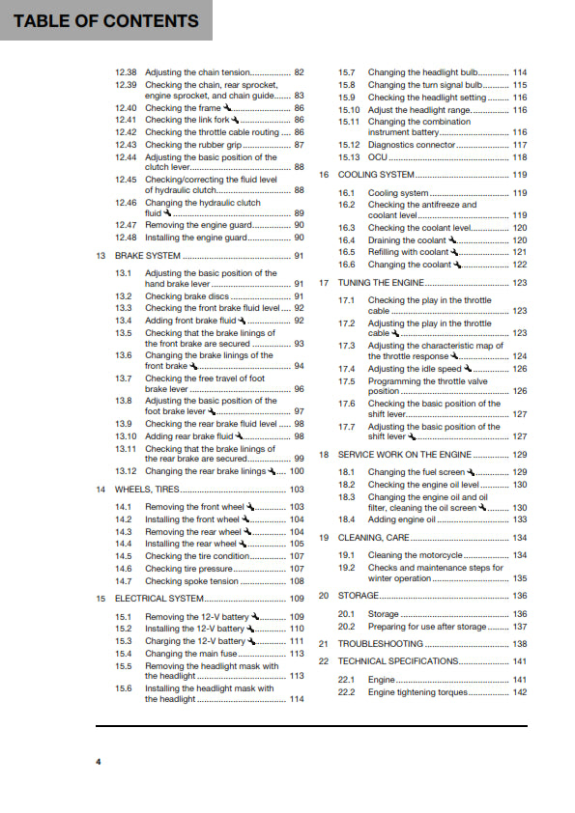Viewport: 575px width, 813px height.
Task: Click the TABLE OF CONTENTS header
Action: point(106,20)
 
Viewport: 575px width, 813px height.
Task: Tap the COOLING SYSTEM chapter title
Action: point(376,175)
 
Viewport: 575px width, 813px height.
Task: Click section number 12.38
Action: point(126,72)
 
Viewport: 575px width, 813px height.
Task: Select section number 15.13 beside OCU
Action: point(348,157)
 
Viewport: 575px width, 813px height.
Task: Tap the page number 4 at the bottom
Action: point(98,763)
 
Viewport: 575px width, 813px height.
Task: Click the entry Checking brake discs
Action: point(187,296)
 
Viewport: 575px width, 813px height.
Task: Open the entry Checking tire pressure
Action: point(189,569)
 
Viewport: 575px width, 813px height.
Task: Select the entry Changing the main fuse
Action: point(193,654)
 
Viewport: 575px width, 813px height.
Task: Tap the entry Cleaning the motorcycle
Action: point(416,555)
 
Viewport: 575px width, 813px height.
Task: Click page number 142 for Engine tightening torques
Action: point(519,692)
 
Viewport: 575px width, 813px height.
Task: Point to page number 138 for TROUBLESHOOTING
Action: point(519,644)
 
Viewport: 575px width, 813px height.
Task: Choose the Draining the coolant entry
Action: point(407,240)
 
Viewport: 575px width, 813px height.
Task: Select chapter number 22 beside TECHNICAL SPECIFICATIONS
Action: point(325,661)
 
